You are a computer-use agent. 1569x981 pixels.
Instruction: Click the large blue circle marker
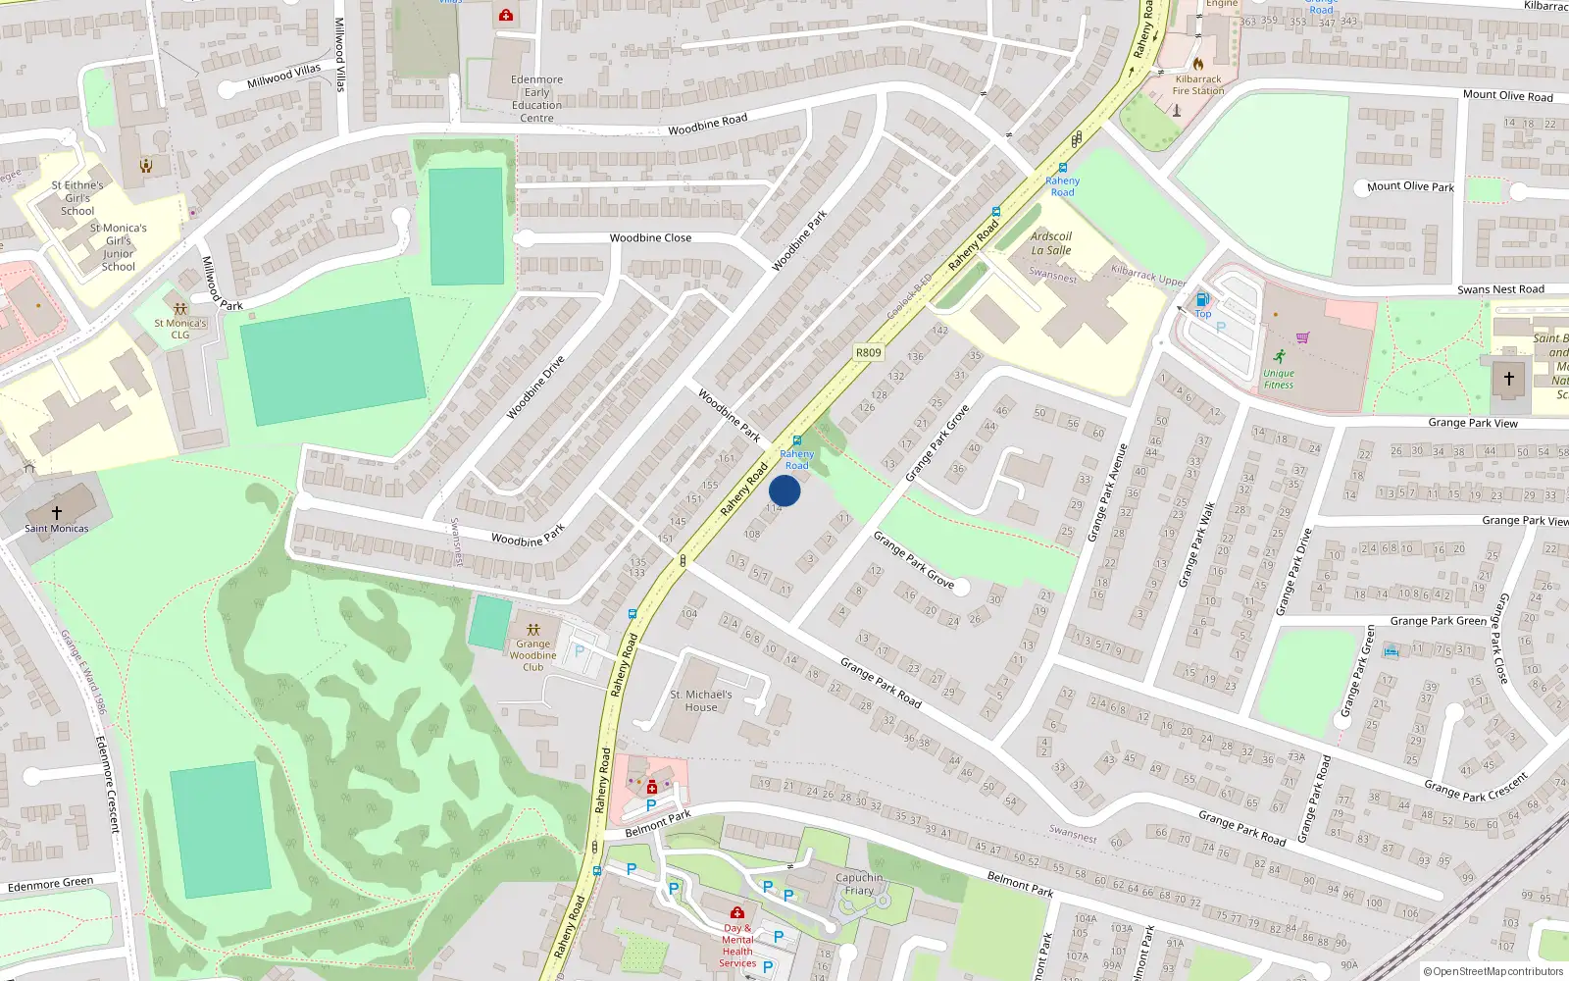pyautogui.click(x=784, y=490)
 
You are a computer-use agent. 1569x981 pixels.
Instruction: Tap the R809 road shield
pyautogui.click(x=868, y=352)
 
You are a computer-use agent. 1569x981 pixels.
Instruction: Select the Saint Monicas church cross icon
pyautogui.click(x=57, y=512)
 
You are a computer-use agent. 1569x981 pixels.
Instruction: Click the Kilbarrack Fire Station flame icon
pyautogui.click(x=1198, y=64)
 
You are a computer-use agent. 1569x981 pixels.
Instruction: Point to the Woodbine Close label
pyautogui.click(x=650, y=238)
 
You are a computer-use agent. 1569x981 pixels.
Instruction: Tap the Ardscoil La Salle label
pyautogui.click(x=1051, y=243)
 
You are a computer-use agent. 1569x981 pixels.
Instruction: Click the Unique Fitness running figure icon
pyautogui.click(x=1279, y=356)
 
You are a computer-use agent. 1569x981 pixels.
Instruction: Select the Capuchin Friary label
pyautogui.click(x=859, y=884)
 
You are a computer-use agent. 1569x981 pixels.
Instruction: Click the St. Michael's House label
pyautogui.click(x=701, y=700)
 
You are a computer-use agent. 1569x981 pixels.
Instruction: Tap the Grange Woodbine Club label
pyautogui.click(x=532, y=655)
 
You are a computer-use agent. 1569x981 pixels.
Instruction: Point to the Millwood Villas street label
pyautogui.click(x=283, y=76)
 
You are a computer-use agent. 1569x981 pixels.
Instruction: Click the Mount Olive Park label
pyautogui.click(x=1410, y=186)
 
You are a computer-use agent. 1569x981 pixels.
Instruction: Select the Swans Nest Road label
pyautogui.click(x=1500, y=289)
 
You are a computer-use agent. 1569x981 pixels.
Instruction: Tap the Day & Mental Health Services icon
pyautogui.click(x=737, y=912)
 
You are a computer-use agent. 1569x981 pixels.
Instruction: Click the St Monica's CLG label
pyautogui.click(x=180, y=329)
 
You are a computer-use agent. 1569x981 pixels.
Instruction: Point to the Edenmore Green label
pyautogui.click(x=51, y=885)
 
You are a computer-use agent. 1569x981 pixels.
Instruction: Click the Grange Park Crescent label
pyautogui.click(x=1476, y=787)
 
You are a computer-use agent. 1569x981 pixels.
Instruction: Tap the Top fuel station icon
pyautogui.click(x=1202, y=299)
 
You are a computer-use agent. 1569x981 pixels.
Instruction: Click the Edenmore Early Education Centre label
pyautogui.click(x=536, y=99)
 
